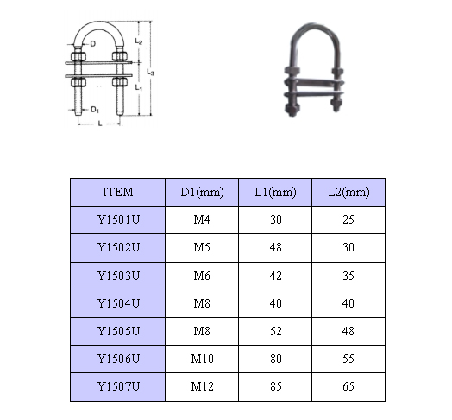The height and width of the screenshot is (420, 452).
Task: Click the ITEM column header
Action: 118,192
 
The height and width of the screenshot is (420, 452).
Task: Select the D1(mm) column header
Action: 202,193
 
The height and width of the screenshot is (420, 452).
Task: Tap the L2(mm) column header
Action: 348,193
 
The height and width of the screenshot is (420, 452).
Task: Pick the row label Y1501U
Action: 118,220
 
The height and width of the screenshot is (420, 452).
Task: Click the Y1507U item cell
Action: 118,386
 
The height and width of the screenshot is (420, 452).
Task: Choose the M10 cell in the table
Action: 202,359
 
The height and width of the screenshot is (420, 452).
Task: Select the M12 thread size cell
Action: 202,386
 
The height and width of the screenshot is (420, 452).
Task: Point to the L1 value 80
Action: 275,359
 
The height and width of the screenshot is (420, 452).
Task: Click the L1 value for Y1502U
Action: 275,247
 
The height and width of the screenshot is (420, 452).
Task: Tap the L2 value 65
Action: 348,386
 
